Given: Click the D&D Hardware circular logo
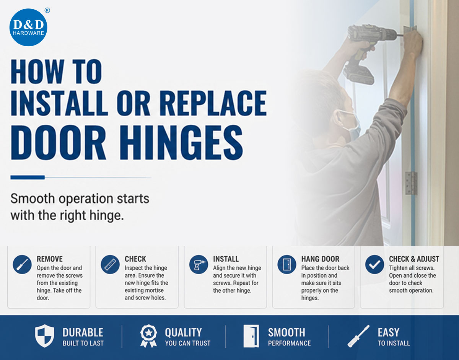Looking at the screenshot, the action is [x=28, y=28].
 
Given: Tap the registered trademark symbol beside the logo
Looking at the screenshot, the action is [x=47, y=10].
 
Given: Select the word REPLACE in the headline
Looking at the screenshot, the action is [x=213, y=103].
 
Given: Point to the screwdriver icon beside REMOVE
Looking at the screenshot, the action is [x=22, y=264].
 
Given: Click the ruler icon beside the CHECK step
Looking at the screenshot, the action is [x=110, y=264].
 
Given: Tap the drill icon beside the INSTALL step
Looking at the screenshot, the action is [x=199, y=264].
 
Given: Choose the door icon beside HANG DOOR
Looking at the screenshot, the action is [x=286, y=264].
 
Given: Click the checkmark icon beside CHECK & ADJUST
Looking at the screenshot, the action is [x=374, y=264].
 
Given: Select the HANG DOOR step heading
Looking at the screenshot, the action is [x=320, y=259].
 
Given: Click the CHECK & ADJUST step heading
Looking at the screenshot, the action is [x=414, y=259].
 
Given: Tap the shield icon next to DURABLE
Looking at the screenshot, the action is [x=44, y=336].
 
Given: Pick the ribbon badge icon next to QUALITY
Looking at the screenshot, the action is [x=148, y=336].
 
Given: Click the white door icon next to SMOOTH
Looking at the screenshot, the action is [x=251, y=336].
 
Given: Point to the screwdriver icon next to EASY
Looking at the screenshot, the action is [x=358, y=336].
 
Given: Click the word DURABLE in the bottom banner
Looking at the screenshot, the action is [x=83, y=332].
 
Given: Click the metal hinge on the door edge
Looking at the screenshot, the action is [x=411, y=183].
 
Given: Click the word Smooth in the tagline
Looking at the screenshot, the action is [x=33, y=199].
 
